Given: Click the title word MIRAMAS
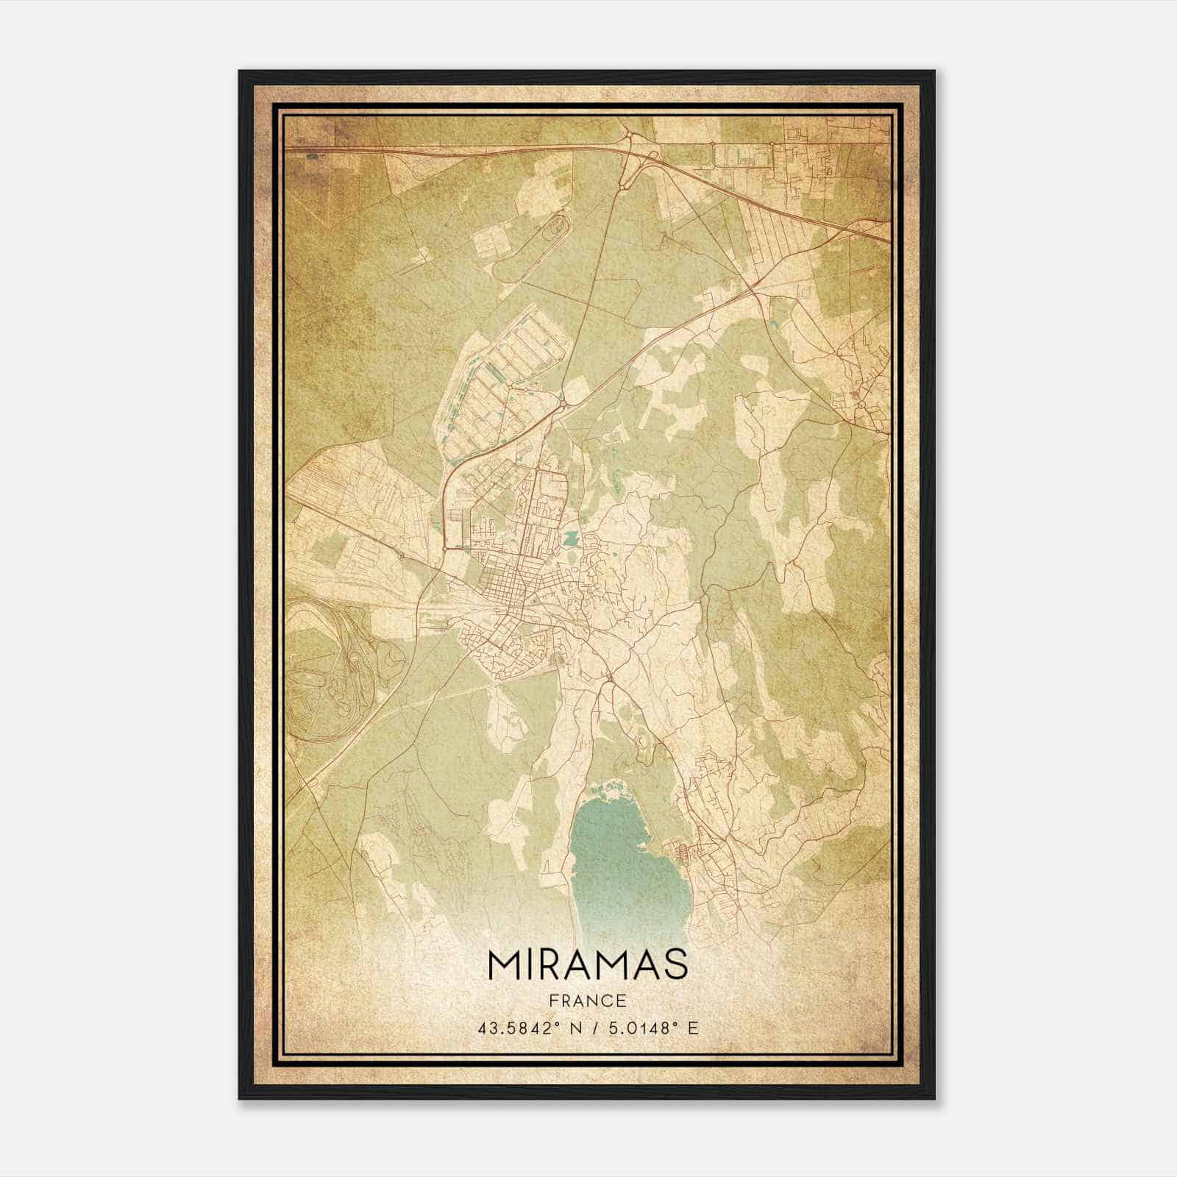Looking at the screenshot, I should [x=587, y=964].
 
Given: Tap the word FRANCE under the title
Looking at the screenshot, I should [x=587, y=1000].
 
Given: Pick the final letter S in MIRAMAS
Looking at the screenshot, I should [x=676, y=964].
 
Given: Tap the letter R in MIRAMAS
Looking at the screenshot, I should [x=550, y=964].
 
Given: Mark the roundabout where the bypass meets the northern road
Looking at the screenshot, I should [x=563, y=402].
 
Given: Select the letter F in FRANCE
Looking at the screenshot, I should [x=552, y=1000].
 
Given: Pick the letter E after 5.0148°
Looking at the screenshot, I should [x=692, y=1028].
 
